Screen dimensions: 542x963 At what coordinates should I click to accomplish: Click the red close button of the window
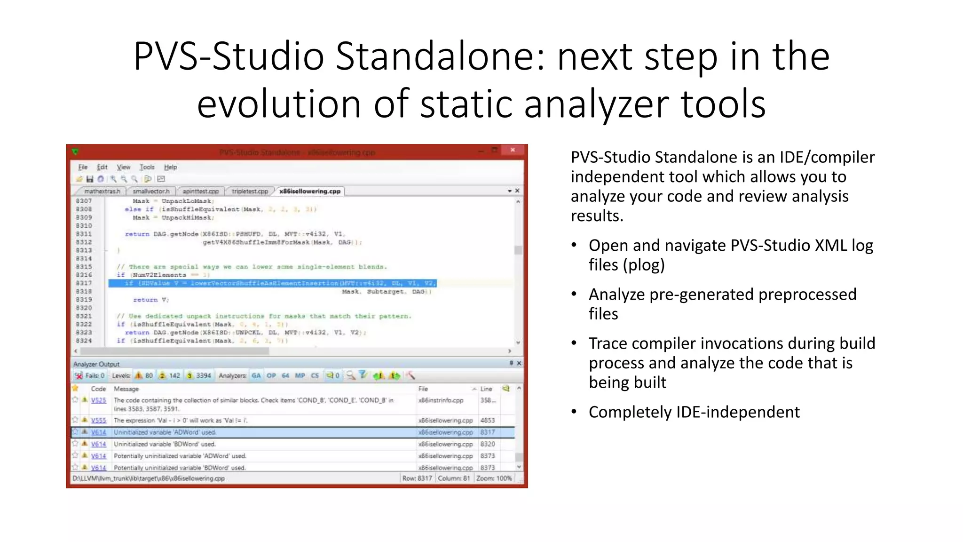click(513, 150)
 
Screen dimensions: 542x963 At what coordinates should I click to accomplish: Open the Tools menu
click(147, 167)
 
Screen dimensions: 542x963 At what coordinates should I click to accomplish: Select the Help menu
click(170, 167)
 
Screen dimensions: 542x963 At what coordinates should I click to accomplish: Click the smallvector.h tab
click(151, 191)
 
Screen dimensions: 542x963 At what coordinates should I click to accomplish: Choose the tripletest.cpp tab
click(250, 191)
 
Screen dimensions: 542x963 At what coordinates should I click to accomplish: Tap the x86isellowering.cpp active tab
click(309, 191)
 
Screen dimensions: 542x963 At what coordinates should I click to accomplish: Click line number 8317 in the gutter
click(84, 283)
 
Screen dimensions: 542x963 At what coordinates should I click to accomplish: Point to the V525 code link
click(98, 400)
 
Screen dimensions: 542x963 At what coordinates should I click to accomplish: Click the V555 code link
click(98, 420)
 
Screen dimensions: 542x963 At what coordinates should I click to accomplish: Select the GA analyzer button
click(256, 375)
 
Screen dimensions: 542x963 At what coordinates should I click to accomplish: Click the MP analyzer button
click(300, 375)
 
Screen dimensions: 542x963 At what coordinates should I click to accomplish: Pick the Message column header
click(126, 389)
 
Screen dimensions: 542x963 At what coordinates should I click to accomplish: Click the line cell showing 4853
click(487, 420)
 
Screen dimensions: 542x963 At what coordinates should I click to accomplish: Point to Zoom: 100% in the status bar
click(494, 478)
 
